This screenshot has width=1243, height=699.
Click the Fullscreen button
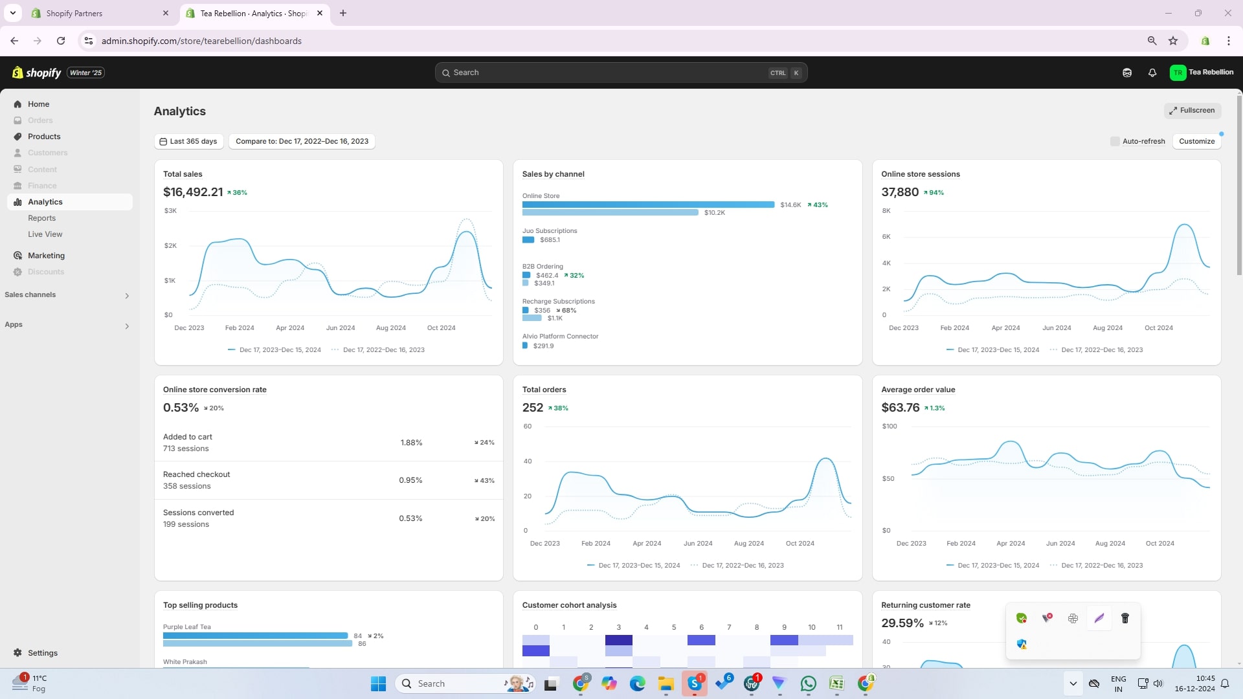click(1192, 111)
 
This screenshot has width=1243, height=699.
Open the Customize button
click(1196, 141)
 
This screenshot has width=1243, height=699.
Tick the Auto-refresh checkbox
click(1115, 141)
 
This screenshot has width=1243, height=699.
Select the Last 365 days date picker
click(188, 141)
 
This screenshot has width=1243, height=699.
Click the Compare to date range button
click(302, 141)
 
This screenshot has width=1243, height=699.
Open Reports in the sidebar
click(42, 218)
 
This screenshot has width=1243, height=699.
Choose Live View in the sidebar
click(45, 234)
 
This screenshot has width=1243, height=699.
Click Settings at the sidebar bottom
click(43, 653)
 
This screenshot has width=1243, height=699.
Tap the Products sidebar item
click(44, 137)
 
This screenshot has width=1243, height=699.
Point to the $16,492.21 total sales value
click(193, 192)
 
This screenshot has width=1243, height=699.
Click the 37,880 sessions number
click(900, 192)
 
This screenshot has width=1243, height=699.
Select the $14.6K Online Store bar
click(648, 205)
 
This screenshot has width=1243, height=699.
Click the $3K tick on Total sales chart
click(170, 211)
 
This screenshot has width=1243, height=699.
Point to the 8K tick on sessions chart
click(886, 211)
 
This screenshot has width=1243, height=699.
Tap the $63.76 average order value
click(900, 408)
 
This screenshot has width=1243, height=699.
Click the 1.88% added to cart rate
click(411, 443)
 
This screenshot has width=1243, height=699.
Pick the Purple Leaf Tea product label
click(187, 627)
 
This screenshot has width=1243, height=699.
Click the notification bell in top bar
click(1152, 72)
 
